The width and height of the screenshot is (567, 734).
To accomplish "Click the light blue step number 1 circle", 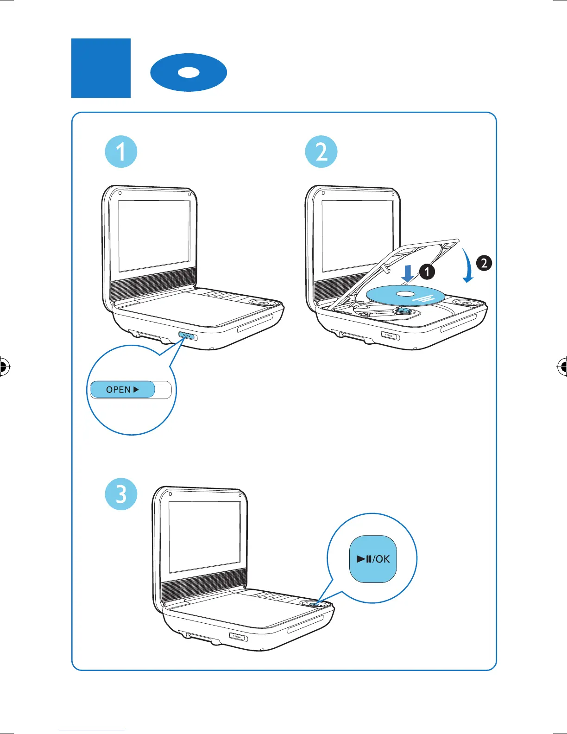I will [x=121, y=152].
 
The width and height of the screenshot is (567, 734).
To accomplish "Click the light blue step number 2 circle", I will [x=321, y=152].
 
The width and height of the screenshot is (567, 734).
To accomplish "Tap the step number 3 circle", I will [x=121, y=494].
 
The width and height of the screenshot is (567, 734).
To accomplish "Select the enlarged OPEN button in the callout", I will [x=122, y=390].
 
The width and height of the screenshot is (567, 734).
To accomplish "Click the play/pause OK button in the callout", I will [x=373, y=559].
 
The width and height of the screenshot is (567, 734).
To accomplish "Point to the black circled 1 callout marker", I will [x=427, y=272].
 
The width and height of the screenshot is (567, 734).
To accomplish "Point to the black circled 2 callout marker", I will [x=484, y=263].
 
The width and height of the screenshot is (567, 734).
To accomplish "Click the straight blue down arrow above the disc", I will [x=408, y=274].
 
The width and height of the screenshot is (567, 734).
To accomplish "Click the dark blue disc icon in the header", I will [x=189, y=72].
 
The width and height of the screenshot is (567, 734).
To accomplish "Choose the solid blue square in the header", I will [x=101, y=68].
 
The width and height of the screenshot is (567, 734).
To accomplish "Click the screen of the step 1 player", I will [x=154, y=236].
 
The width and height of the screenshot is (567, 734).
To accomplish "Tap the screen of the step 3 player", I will [x=204, y=538].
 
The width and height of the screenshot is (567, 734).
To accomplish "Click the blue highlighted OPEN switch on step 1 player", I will [x=185, y=335].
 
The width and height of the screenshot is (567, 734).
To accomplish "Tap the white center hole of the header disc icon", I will [x=189, y=72].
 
